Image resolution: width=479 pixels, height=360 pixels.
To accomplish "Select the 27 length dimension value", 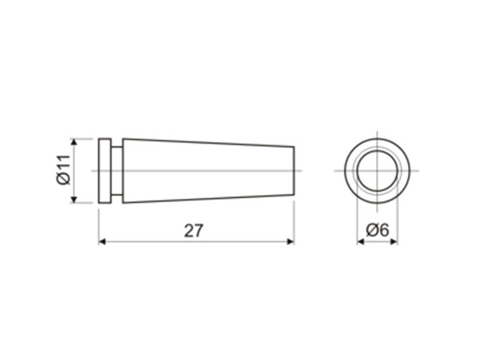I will pos(194,231).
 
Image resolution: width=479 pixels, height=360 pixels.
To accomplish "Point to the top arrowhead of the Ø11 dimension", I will pos(73,142).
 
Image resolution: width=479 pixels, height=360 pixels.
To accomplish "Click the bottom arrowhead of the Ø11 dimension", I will pos(73,199).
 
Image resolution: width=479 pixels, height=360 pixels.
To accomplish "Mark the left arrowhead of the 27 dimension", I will pos(103,242).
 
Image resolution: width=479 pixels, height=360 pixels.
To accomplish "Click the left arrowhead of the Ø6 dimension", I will pos(360,242).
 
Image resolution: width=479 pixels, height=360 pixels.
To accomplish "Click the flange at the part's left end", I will pos(105,171).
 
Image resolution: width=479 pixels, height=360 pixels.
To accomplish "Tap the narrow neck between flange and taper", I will pos(117,171).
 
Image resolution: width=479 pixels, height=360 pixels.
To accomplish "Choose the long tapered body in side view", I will pos(208,171).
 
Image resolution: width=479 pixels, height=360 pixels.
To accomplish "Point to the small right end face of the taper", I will pos(294,171).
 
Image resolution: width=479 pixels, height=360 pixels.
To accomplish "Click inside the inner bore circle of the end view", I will pos(377,171).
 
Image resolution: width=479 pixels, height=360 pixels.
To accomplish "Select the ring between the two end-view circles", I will pos(350,171).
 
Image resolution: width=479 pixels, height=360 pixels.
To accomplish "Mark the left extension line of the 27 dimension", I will pos(99,224).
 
